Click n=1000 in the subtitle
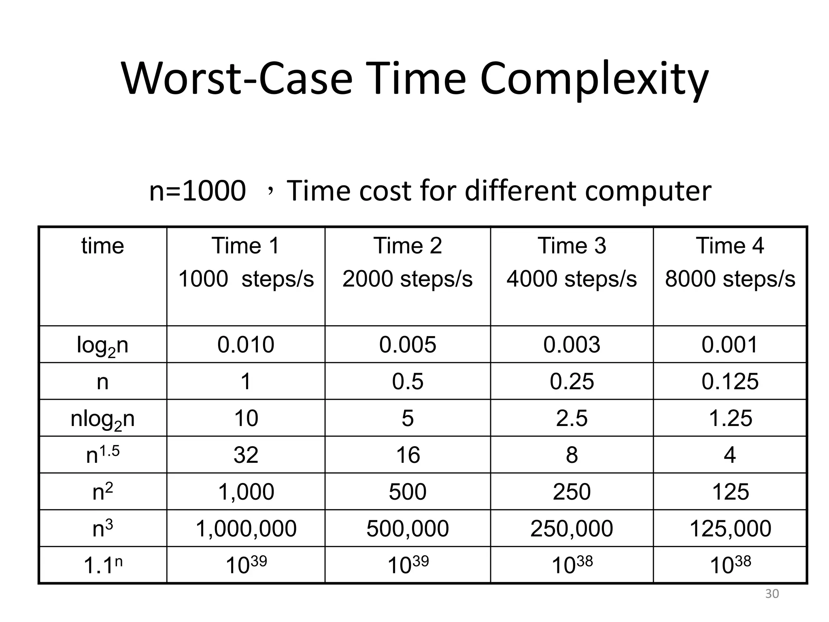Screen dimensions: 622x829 tap(198, 191)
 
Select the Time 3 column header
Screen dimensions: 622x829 tap(572, 246)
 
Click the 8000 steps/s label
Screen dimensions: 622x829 tap(730, 279)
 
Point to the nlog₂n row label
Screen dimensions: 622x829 tap(102, 419)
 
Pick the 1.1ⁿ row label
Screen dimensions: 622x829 tap(102, 565)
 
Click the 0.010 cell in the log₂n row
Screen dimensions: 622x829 tap(246, 345)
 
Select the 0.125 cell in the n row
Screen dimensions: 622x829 tap(730, 381)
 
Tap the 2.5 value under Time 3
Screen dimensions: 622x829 tap(572, 418)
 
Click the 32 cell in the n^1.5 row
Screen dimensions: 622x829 tap(246, 455)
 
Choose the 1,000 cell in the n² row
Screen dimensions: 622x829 tap(246, 492)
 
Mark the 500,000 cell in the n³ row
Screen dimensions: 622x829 tap(408, 529)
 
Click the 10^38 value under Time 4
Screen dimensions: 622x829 tap(730, 565)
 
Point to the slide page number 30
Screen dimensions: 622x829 tap(772, 594)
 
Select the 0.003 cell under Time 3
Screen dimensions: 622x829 tap(572, 345)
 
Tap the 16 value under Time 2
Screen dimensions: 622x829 tap(408, 455)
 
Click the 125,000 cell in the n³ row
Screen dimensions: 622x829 tap(730, 529)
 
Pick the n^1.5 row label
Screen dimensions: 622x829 tap(102, 454)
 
